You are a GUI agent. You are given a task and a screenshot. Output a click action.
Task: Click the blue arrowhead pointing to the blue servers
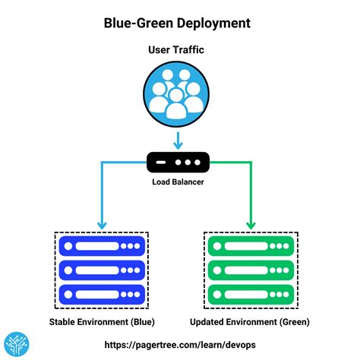pyautogui.click(x=101, y=224)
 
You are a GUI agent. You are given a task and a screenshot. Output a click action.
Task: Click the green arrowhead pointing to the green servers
pyautogui.click(x=251, y=224)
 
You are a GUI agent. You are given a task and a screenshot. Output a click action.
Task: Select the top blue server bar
pyautogui.click(x=102, y=246)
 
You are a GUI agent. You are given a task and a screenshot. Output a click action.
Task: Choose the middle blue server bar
pyautogui.click(x=102, y=270)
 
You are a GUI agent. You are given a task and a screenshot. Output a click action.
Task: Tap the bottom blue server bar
pyautogui.click(x=102, y=293)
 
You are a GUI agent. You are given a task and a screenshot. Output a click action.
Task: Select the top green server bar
pyautogui.click(x=251, y=246)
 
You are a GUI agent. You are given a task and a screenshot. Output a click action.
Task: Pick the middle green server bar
pyautogui.click(x=251, y=270)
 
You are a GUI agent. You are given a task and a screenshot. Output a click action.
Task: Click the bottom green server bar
pyautogui.click(x=251, y=293)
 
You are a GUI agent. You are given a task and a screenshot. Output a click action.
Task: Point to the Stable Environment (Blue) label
pyautogui.click(x=102, y=322)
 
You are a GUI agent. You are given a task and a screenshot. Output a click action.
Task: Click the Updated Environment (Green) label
pyautogui.click(x=251, y=322)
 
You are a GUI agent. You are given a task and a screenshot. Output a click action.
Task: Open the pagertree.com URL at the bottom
pyautogui.click(x=180, y=345)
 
